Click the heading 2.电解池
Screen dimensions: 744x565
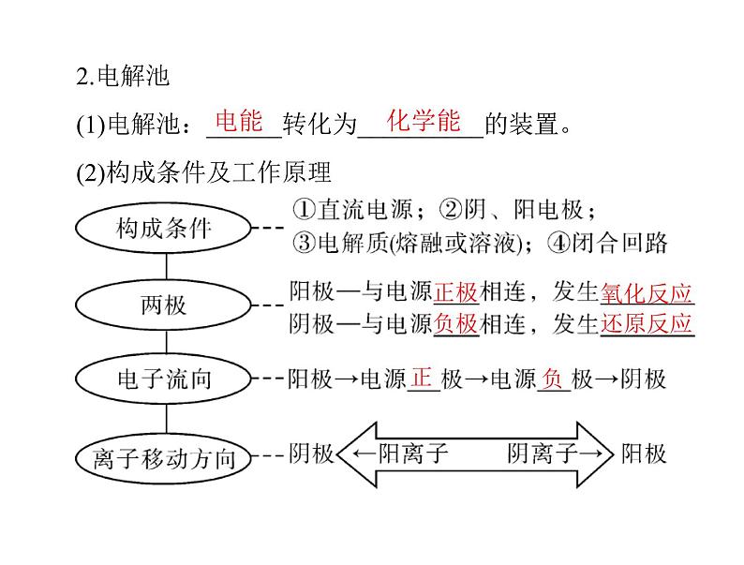pyautogui.click(x=123, y=76)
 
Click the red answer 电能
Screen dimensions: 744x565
pyautogui.click(x=239, y=121)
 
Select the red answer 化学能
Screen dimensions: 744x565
pyautogui.click(x=424, y=121)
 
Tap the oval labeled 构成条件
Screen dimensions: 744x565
pyautogui.click(x=163, y=229)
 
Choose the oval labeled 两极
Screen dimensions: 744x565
pyautogui.click(x=163, y=305)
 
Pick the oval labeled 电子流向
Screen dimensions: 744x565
pyautogui.click(x=163, y=379)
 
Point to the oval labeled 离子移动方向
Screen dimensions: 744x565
pyautogui.click(x=163, y=459)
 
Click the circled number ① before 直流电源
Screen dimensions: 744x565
pyautogui.click(x=304, y=209)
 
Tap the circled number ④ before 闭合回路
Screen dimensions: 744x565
pyautogui.click(x=559, y=243)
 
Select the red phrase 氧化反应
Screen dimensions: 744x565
pyautogui.click(x=647, y=292)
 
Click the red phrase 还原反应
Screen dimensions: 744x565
pyautogui.click(x=647, y=324)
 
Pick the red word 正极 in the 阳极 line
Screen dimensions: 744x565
pyautogui.click(x=455, y=291)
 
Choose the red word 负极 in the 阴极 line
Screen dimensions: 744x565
pyautogui.click(x=455, y=324)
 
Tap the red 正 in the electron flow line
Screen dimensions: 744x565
pyautogui.click(x=422, y=379)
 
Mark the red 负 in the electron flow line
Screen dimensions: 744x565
pyautogui.click(x=553, y=379)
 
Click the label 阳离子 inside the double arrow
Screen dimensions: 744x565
pyautogui.click(x=413, y=453)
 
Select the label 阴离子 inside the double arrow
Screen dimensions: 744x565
pyautogui.click(x=543, y=453)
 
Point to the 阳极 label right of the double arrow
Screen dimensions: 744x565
pyautogui.click(x=644, y=453)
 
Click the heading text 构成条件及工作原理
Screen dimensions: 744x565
pyautogui.click(x=218, y=171)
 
